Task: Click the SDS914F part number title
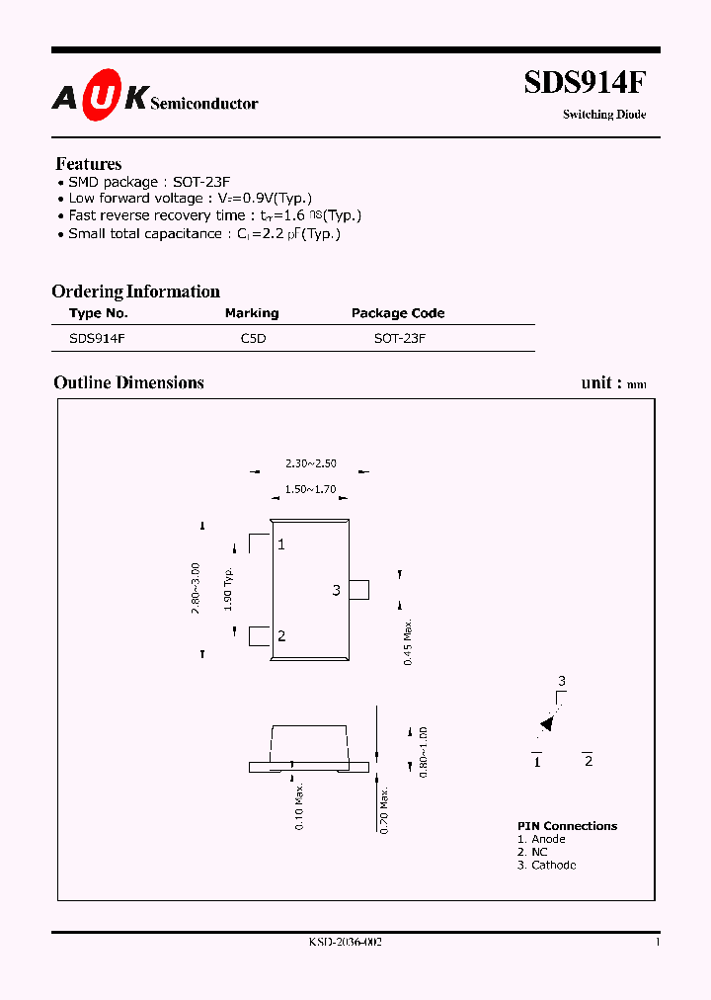click(x=585, y=83)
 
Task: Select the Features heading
click(x=89, y=164)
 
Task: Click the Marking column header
click(x=252, y=313)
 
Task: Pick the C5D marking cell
click(x=254, y=338)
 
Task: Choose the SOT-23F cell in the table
click(x=399, y=338)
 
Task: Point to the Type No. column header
click(x=99, y=313)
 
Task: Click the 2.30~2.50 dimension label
click(x=310, y=463)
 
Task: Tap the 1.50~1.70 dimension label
click(x=310, y=489)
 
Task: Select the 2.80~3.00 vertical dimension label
click(x=196, y=589)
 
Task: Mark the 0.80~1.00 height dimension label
click(x=423, y=752)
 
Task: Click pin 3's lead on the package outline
click(x=359, y=590)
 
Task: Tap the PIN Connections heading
click(x=567, y=826)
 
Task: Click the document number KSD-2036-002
click(x=346, y=943)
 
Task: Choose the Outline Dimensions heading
click(x=128, y=382)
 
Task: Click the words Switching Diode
click(x=604, y=115)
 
